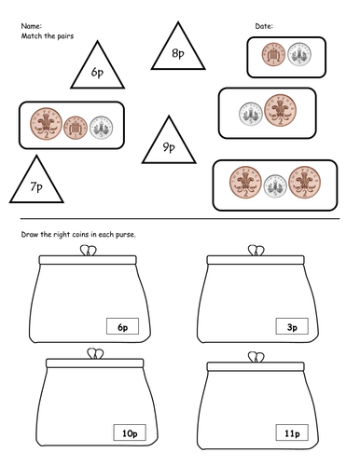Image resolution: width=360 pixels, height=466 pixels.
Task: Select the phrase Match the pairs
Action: tap(45, 34)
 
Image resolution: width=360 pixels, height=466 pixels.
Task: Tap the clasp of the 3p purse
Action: tap(254, 249)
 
